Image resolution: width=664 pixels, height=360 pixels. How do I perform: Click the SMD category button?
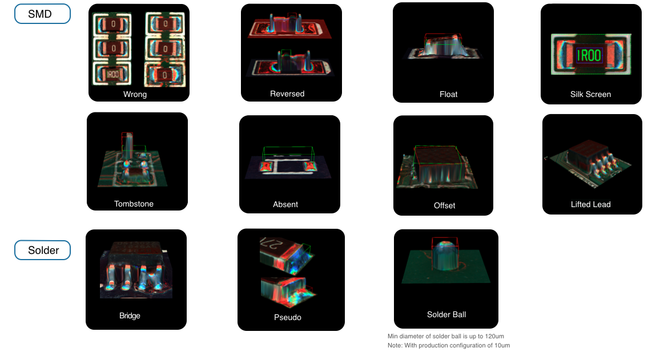click(42, 14)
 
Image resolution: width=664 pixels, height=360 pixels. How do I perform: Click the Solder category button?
click(42, 250)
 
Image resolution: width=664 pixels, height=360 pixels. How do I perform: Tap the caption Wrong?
click(135, 94)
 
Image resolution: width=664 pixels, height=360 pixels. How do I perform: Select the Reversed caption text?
click(287, 94)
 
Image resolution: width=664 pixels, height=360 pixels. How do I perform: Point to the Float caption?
click(448, 94)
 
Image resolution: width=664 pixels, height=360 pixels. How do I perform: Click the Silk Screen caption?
click(590, 94)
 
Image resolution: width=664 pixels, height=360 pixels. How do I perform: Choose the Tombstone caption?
click(134, 204)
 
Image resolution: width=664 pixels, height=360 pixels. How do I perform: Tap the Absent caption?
click(285, 204)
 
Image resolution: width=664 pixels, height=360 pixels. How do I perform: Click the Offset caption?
click(445, 205)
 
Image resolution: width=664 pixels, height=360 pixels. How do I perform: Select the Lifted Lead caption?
click(591, 204)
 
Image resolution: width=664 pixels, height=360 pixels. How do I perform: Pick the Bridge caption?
click(130, 315)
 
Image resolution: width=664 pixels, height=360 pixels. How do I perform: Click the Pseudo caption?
click(288, 317)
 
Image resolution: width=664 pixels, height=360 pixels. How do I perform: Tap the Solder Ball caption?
click(446, 314)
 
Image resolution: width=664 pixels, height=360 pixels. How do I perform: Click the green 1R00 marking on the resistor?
click(589, 55)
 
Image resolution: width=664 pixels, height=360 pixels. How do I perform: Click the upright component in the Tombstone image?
click(127, 147)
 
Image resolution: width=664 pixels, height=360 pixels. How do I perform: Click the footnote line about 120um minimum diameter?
click(445, 336)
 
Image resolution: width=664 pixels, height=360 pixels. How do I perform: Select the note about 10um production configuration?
click(448, 346)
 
